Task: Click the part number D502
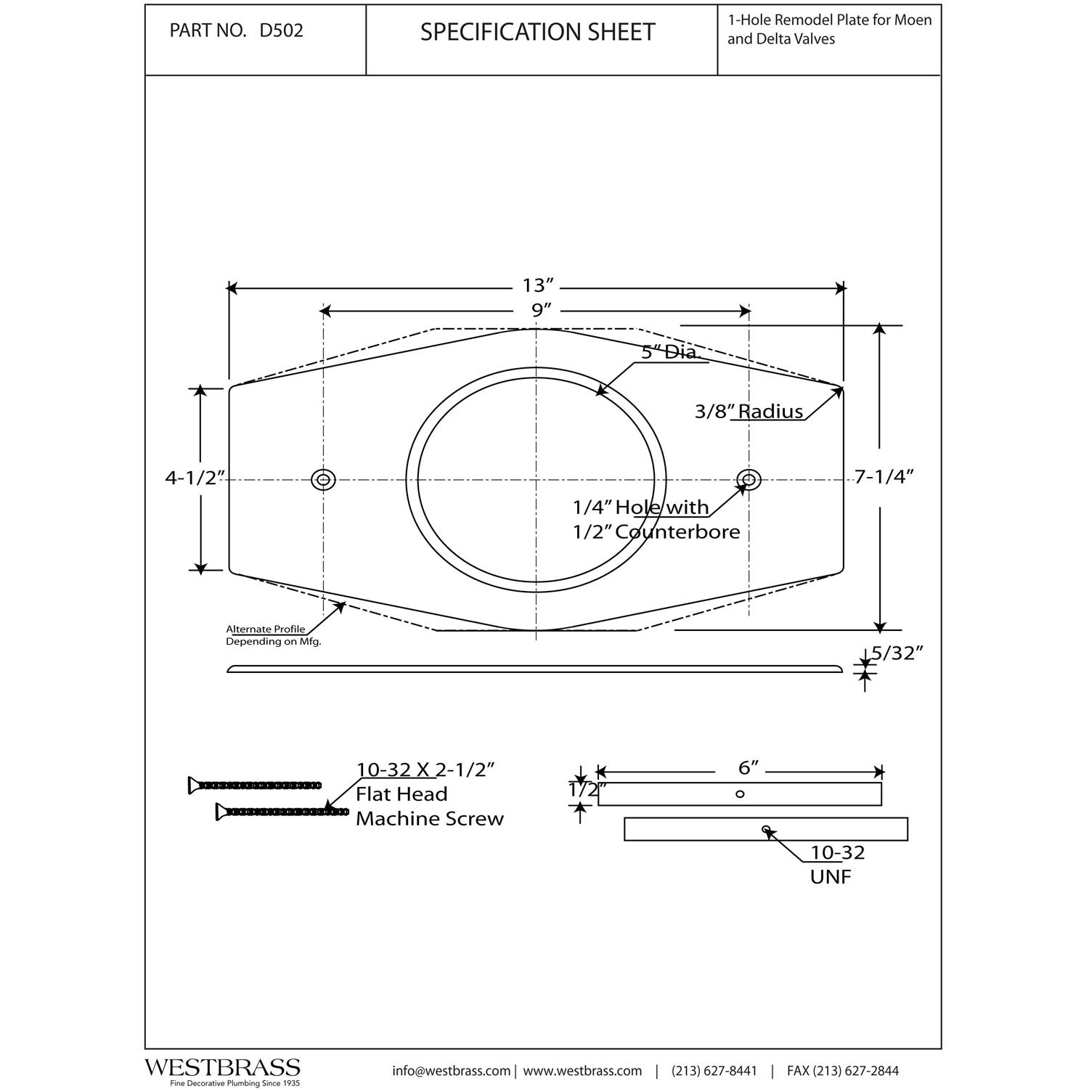281,31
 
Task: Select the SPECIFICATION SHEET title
537,32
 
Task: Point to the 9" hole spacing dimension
537,311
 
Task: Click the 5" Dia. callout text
669,353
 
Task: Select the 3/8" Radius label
749,412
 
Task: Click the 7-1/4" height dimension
883,477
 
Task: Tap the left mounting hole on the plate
323,479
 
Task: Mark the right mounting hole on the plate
749,479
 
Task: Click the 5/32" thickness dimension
897,653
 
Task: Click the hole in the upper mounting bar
740,794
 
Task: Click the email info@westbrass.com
451,1071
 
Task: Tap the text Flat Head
401,794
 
